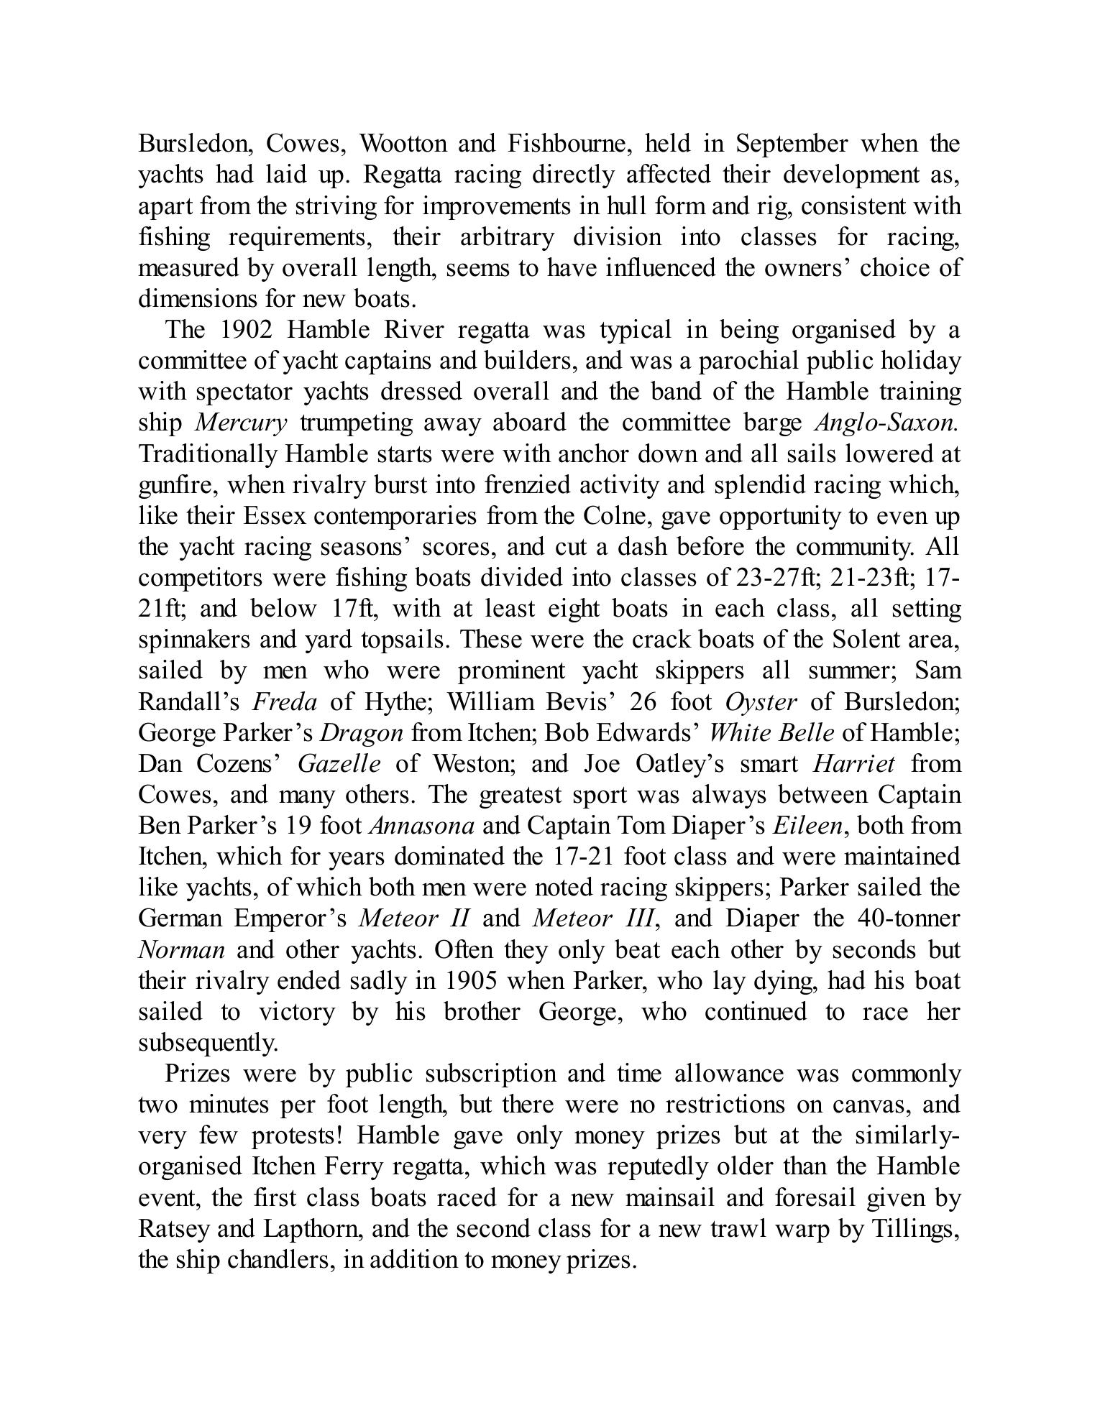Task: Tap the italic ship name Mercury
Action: (241, 423)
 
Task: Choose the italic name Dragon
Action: (361, 733)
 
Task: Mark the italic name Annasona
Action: (421, 826)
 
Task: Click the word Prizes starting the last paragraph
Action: (198, 1074)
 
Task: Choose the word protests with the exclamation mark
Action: (297, 1136)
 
